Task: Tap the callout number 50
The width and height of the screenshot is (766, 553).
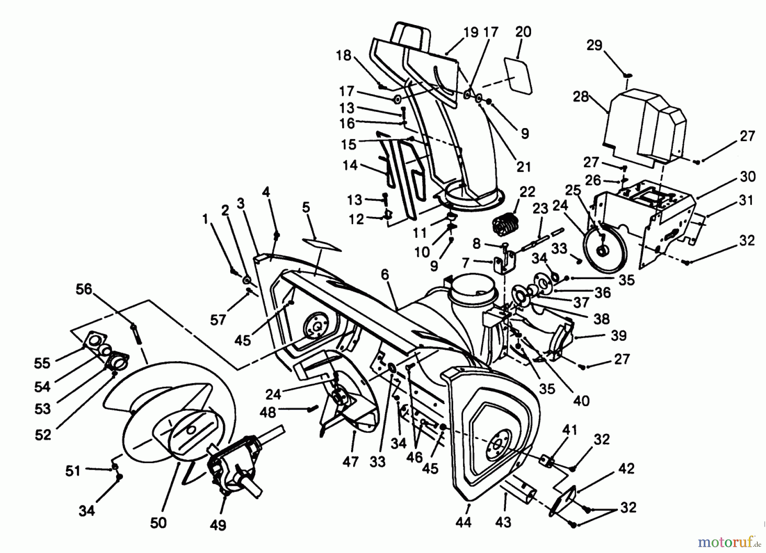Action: [x=158, y=523]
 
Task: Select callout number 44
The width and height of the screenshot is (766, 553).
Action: [x=463, y=522]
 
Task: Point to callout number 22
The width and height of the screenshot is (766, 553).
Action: [x=527, y=192]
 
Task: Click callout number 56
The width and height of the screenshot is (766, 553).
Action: [x=84, y=289]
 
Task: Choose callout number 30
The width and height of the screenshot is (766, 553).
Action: [x=748, y=176]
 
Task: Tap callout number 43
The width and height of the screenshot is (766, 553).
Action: [x=503, y=522]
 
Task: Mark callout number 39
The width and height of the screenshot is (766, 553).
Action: [x=618, y=335]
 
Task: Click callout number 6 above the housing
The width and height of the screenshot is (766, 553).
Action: [x=385, y=275]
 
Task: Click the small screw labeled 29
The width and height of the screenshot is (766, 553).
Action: [x=628, y=75]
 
